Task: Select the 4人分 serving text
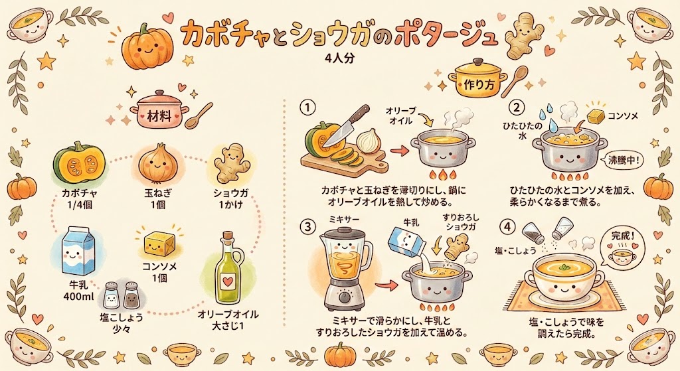[x=339, y=58]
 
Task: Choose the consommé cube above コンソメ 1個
[x=159, y=244]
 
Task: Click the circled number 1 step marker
[x=307, y=108]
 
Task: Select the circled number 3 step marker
[x=307, y=226]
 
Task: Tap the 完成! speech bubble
[x=621, y=248]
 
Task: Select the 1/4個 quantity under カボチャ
[x=80, y=205]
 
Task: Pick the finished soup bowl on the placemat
[x=564, y=279]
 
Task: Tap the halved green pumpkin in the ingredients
[x=80, y=163]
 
